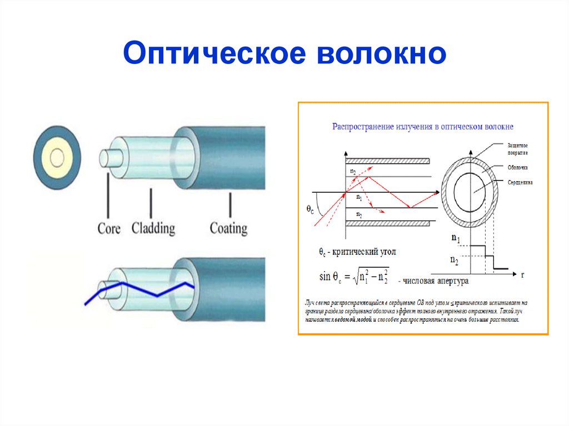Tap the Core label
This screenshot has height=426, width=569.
coord(109,228)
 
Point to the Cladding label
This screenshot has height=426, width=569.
coord(153,228)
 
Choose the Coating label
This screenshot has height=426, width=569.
coord(228,228)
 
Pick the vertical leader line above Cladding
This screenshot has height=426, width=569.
coord(150,202)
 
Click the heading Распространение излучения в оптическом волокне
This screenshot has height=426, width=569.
coord(422,127)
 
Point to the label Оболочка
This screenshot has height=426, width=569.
coord(517,167)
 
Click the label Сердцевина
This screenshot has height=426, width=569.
coord(520,182)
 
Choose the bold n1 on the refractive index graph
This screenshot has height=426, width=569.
coord(455,239)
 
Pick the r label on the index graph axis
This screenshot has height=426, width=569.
coord(523,274)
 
